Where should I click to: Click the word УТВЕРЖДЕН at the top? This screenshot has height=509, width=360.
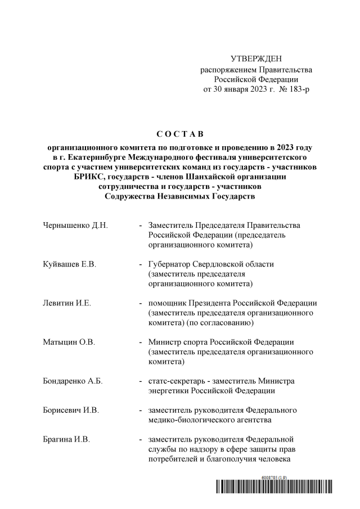pyautogui.click(x=256, y=59)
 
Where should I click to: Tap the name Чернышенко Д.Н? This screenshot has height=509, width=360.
pyautogui.click(x=75, y=225)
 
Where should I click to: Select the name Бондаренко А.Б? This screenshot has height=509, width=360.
pyautogui.click(x=73, y=381)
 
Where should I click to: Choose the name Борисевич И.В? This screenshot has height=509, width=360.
pyautogui.click(x=71, y=410)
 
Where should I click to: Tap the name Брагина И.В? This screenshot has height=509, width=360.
pyautogui.click(x=66, y=439)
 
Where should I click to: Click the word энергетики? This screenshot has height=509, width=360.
pyautogui.click(x=170, y=390)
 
